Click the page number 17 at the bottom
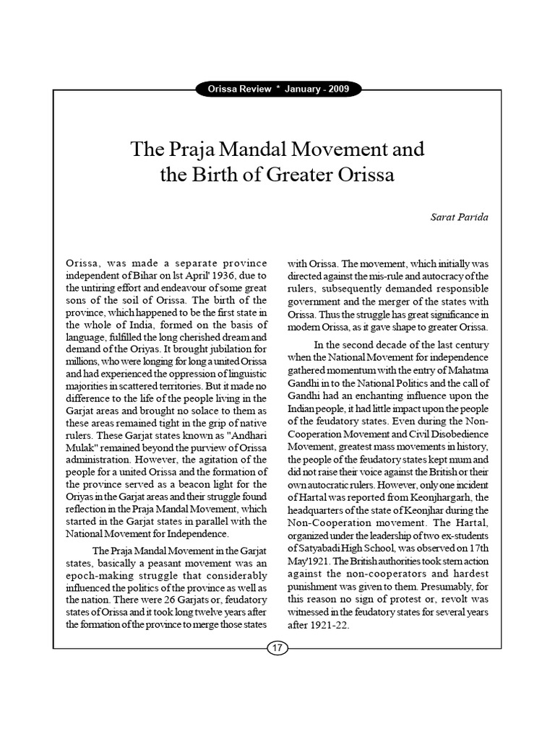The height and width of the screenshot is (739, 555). point(277,648)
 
